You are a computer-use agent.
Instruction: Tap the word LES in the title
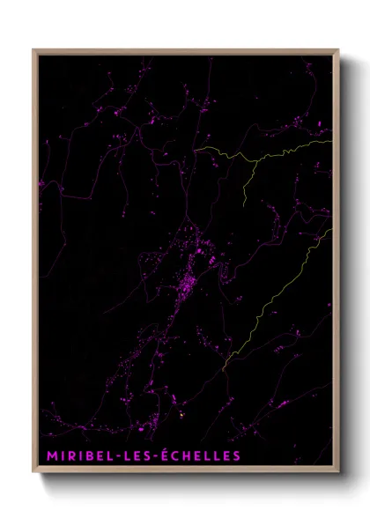click(x=133, y=455)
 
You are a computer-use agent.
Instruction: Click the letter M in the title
click(x=44, y=455)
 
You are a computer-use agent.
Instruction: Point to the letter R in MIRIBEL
click(x=64, y=455)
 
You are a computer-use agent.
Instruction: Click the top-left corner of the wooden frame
click(x=33, y=49)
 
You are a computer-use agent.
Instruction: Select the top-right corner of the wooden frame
click(x=338, y=49)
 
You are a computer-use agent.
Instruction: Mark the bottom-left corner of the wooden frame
click(x=33, y=473)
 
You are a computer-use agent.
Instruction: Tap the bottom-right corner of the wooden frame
click(x=338, y=473)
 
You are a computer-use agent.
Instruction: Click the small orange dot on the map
click(x=182, y=413)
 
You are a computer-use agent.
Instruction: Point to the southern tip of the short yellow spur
click(x=243, y=202)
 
